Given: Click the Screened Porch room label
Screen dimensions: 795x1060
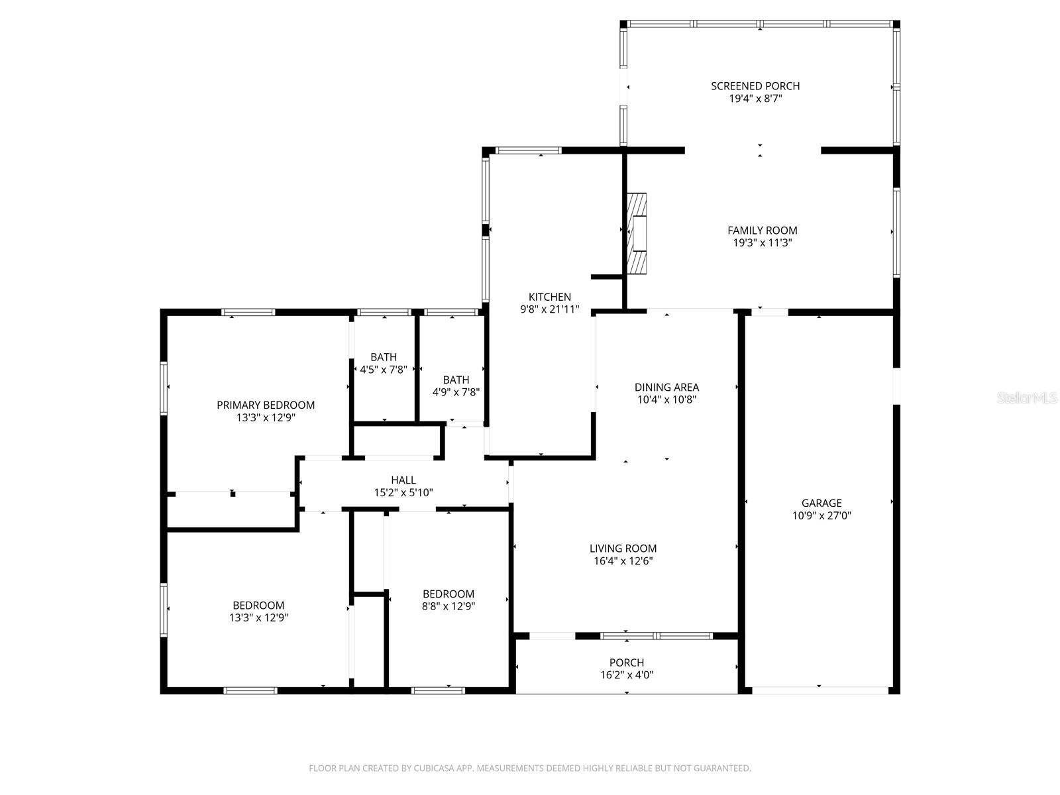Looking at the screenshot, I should [755, 85].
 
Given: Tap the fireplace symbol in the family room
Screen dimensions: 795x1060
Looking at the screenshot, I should [637, 233].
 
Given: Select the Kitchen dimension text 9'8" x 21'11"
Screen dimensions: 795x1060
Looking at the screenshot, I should [550, 309].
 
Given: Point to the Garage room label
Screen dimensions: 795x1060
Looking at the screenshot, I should [821, 503].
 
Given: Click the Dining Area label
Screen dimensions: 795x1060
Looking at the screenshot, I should [666, 387].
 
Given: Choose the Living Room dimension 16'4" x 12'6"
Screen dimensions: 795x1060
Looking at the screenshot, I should [623, 561].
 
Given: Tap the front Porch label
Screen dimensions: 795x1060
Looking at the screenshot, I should [627, 662].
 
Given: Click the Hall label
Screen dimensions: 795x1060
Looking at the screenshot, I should [403, 480].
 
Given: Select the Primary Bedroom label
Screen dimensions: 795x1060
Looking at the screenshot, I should [266, 405].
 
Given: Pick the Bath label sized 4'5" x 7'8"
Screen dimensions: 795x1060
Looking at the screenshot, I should [384, 357].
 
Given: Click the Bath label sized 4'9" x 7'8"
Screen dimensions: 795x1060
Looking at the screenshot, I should [456, 380].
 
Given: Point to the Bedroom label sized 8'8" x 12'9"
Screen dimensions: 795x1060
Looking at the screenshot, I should [449, 594].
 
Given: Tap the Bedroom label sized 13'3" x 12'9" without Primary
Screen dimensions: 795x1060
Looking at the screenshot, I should [258, 605].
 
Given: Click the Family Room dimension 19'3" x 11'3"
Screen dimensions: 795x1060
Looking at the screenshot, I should [762, 243].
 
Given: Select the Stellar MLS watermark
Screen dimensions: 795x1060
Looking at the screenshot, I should [1027, 397].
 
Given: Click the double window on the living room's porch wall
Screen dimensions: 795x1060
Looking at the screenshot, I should [656, 636].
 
